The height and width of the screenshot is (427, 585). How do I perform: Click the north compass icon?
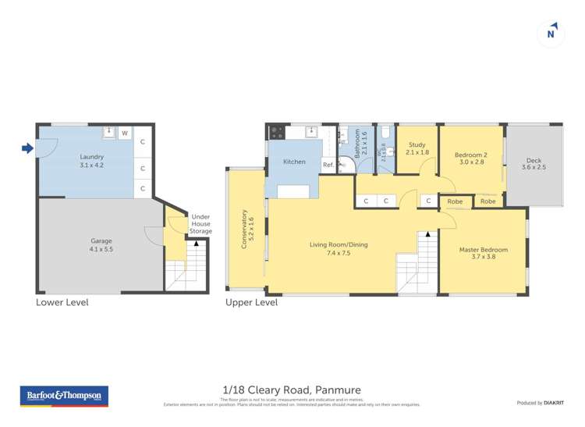point(551,34)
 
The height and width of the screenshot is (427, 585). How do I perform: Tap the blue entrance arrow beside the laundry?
point(27,148)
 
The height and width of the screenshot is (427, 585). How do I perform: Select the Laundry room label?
point(91,161)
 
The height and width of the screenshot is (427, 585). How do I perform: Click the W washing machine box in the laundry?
point(124,133)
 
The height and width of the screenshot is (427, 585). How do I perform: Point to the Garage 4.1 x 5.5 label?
point(102,245)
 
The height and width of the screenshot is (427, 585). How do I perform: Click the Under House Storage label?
point(200,223)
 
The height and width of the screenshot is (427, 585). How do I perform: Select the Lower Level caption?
point(62,302)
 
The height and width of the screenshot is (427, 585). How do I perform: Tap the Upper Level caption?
point(251,302)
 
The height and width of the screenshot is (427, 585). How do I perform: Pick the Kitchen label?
point(294,162)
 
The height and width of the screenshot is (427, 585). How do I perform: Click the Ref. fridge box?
point(328,165)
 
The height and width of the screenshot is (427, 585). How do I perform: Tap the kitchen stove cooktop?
point(276,133)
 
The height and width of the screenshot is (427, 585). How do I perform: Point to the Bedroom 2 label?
point(470,159)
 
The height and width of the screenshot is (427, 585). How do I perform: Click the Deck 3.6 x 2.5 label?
point(534,163)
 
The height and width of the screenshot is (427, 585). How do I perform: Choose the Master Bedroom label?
point(483,253)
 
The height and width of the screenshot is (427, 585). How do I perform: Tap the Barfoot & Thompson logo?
point(64,396)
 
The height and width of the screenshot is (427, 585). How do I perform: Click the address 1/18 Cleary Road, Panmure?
point(292,390)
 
